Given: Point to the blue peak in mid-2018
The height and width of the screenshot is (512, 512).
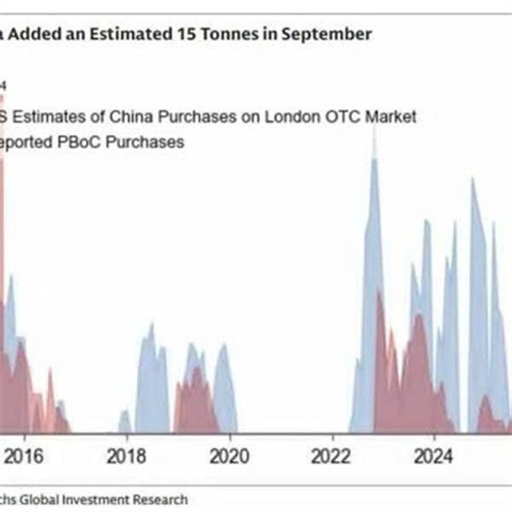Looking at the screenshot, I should point(151,325).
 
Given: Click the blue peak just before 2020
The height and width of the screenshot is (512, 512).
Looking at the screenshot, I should point(223,346).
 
